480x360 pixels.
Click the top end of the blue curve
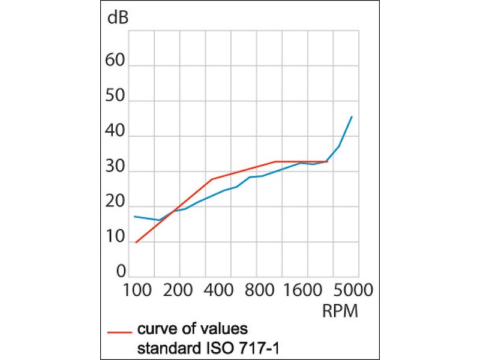[352, 116]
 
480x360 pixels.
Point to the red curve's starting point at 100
[136, 242]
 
